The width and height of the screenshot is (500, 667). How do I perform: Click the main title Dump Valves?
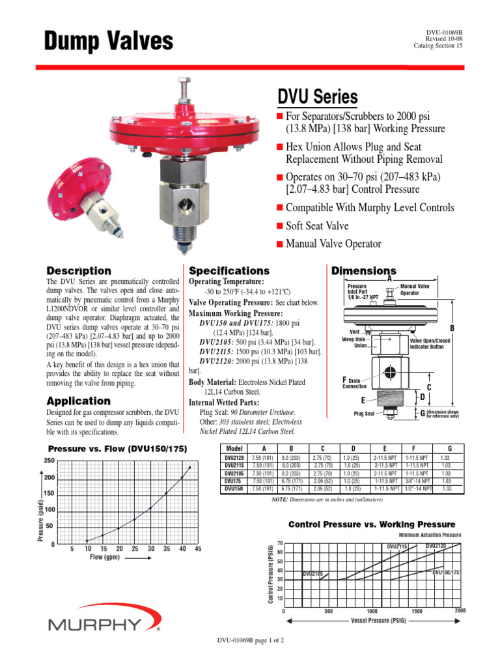coord(108,41)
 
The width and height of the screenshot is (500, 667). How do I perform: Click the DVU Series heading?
coord(318,97)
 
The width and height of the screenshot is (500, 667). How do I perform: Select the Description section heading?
coord(79,270)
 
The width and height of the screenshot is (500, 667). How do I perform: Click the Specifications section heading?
coord(229,270)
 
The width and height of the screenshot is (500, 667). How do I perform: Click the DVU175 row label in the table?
coord(234,481)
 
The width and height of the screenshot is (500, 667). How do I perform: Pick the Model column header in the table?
coord(234,449)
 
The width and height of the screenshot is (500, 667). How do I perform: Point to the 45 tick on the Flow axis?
coord(198,548)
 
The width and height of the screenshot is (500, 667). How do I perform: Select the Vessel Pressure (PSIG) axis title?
coord(378,621)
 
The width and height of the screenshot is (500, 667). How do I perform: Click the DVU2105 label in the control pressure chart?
coord(314,573)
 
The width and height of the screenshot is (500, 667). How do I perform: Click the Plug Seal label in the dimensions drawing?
coord(364,414)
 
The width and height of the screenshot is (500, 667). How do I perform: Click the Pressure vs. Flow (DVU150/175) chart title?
coord(118,448)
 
